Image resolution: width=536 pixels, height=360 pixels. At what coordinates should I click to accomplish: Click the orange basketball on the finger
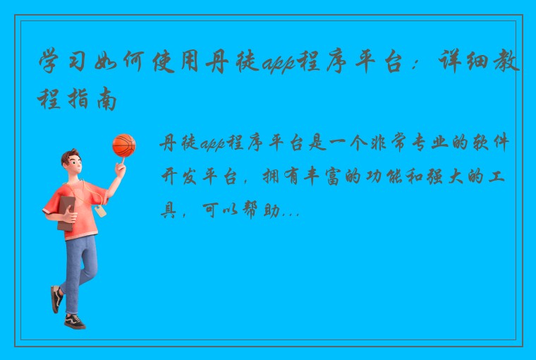coord(123,145)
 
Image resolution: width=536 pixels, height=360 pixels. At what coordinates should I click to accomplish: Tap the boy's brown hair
coord(70,157)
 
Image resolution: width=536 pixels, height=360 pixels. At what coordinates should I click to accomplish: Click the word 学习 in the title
coord(63,65)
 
